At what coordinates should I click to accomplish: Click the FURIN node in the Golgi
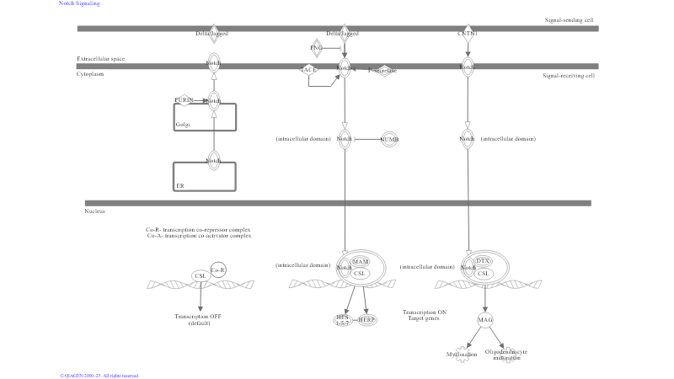tap(184, 100)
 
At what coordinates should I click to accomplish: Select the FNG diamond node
tap(316, 48)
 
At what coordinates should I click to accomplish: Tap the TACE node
tap(309, 70)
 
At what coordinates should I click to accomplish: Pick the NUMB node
tap(388, 139)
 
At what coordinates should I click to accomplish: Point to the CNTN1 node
tap(467, 34)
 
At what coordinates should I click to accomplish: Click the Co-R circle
tap(217, 270)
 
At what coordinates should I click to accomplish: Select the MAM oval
tap(360, 262)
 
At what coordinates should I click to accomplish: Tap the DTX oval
tap(483, 262)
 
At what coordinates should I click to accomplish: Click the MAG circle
tap(485, 320)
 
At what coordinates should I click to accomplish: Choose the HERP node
tap(366, 320)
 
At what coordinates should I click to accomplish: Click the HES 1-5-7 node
tap(342, 319)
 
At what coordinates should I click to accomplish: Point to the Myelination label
tap(462, 355)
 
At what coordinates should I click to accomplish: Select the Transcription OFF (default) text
tap(199, 320)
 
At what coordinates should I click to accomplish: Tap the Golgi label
tap(183, 125)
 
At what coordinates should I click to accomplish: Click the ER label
tap(179, 185)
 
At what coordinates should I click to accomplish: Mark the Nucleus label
tap(95, 211)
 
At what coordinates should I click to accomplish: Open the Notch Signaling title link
tap(79, 3)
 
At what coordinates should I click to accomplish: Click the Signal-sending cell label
tap(570, 19)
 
